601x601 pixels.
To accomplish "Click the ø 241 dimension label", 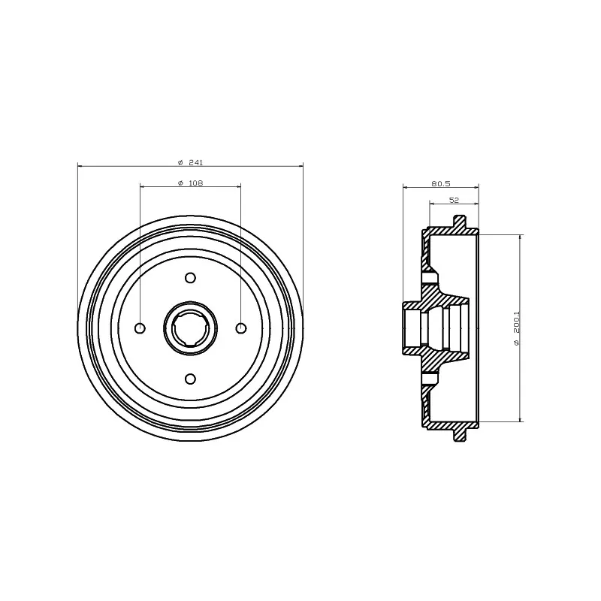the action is click(x=191, y=162).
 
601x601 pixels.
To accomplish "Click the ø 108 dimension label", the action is click(x=191, y=183).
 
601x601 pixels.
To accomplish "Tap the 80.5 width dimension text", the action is click(x=441, y=183).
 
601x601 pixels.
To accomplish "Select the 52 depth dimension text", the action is click(x=454, y=200).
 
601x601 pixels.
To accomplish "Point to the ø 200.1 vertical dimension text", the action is click(x=516, y=328).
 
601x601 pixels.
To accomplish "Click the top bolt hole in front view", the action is click(x=191, y=278).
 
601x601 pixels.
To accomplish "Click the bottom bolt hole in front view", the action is click(x=191, y=379).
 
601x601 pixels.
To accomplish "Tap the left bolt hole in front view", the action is click(x=140, y=328).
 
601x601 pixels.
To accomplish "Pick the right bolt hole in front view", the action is click(x=241, y=328).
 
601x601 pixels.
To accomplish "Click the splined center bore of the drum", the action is click(x=191, y=328).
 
